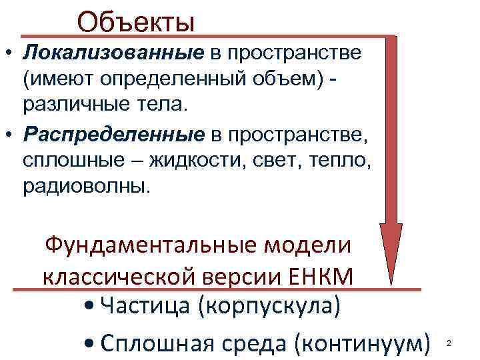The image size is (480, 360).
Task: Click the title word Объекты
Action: [x=136, y=21]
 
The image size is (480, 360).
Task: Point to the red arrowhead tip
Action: [x=391, y=279]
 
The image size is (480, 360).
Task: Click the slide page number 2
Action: [x=449, y=343]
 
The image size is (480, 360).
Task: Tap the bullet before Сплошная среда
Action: [x=89, y=344]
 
